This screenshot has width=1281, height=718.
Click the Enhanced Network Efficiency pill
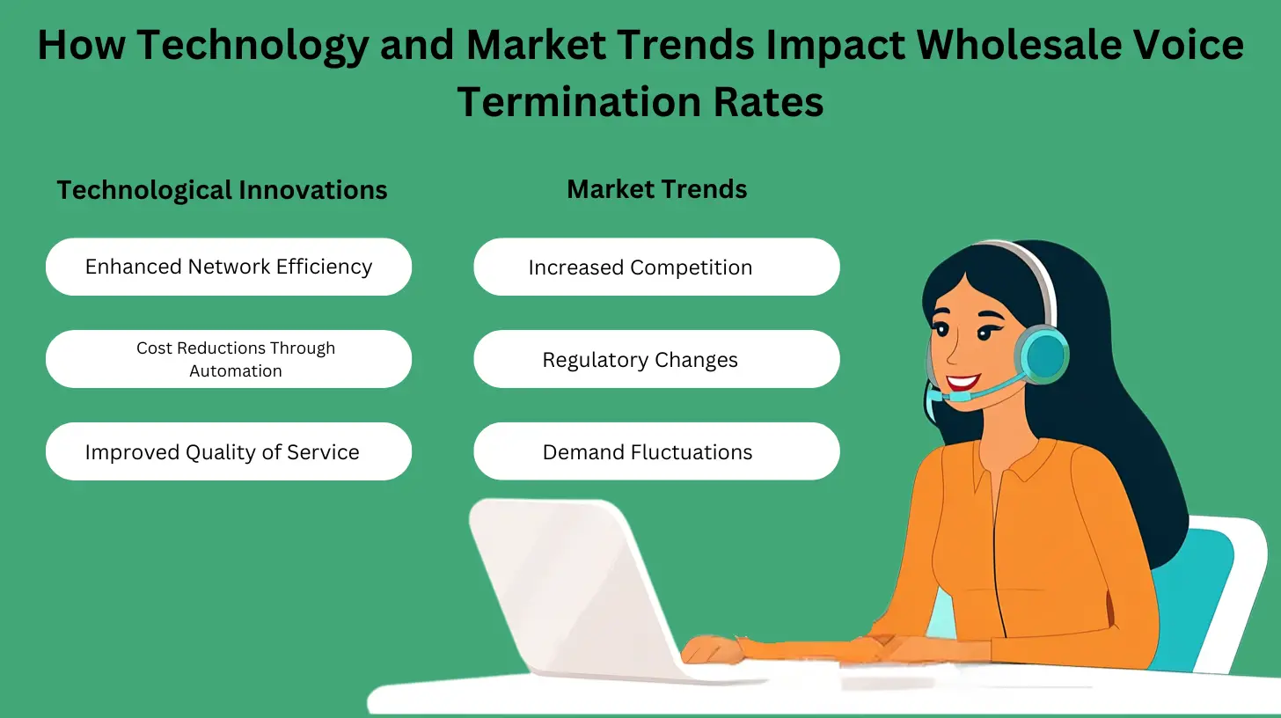(x=229, y=267)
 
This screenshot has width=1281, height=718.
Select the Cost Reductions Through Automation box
(x=229, y=359)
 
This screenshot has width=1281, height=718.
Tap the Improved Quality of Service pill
(x=229, y=451)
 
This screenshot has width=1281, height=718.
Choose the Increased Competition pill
(x=656, y=267)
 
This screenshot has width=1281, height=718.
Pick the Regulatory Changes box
(x=656, y=359)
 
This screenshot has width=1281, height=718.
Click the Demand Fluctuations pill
(x=656, y=451)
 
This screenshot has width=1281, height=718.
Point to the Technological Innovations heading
(x=222, y=189)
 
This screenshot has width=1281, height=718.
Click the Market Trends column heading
(x=656, y=188)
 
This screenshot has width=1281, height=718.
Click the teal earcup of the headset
(x=1044, y=354)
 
